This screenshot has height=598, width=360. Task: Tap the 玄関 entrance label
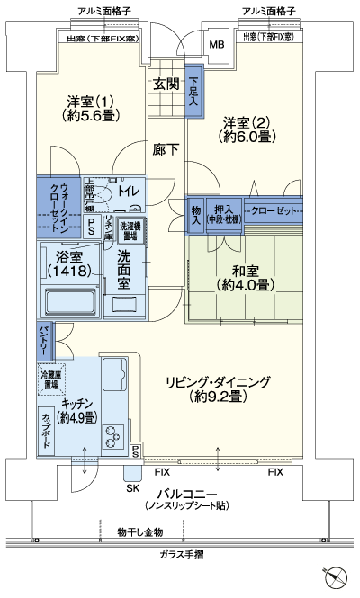(165, 84)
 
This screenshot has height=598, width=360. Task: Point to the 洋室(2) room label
(246, 129)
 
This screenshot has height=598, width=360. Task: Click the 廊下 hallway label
(166, 149)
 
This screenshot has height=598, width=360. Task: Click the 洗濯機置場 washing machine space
(130, 232)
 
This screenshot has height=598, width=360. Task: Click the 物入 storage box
(195, 213)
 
